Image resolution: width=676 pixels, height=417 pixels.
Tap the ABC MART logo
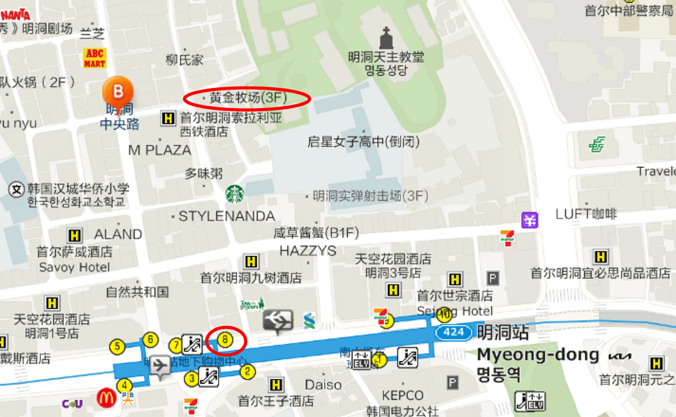(x=94, y=57)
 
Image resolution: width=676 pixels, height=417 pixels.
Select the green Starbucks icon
(x=234, y=193)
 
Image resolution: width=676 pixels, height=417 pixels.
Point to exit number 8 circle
(x=226, y=339)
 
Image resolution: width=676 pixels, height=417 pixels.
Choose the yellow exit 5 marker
(x=117, y=346)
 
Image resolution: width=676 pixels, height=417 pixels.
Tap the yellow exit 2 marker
(x=248, y=372)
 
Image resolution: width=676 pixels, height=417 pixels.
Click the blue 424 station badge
(x=454, y=332)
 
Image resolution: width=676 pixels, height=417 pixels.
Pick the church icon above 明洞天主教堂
(x=386, y=38)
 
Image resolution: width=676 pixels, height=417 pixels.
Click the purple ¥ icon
(x=529, y=220)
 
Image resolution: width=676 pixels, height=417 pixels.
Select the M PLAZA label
(x=159, y=150)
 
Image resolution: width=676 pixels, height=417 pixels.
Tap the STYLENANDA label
(x=226, y=216)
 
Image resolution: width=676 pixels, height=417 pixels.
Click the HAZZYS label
(x=308, y=250)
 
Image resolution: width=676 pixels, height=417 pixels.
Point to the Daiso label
(x=323, y=384)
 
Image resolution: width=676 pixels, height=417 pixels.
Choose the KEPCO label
(x=402, y=396)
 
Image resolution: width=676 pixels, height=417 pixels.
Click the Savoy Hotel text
(x=74, y=267)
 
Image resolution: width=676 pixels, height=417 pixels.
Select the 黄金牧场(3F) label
(x=248, y=98)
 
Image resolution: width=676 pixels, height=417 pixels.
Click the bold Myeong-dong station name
(x=538, y=354)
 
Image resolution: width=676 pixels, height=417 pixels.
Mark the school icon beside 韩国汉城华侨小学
(x=16, y=188)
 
